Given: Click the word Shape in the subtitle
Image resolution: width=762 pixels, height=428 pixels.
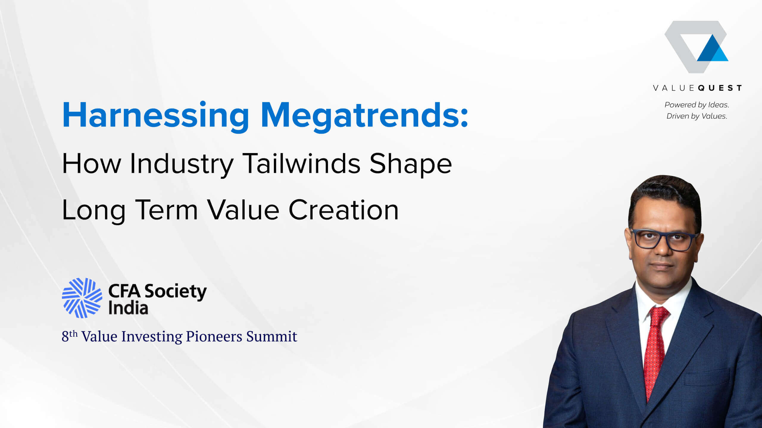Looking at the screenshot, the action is tap(411, 164).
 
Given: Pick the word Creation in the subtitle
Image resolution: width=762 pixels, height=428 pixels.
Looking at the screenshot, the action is tap(343, 210).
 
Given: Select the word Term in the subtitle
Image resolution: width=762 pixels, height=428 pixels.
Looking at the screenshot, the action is tap(167, 210).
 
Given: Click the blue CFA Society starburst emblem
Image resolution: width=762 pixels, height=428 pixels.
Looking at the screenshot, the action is tap(82, 298).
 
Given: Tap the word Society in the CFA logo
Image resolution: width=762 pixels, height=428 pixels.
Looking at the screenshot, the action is tap(176, 292).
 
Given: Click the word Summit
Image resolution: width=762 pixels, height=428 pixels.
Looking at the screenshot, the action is tap(272, 337).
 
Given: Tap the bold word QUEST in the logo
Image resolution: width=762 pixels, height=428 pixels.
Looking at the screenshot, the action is tap(720, 88).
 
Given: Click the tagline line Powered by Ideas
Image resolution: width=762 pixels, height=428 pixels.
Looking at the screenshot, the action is tap(697, 105).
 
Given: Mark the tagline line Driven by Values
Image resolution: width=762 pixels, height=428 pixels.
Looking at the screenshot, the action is tap(697, 116).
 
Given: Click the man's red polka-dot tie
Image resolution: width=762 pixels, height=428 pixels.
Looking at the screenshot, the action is tap(655, 351).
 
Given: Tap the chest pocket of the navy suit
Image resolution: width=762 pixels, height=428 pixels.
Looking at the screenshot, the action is tap(707, 377).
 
